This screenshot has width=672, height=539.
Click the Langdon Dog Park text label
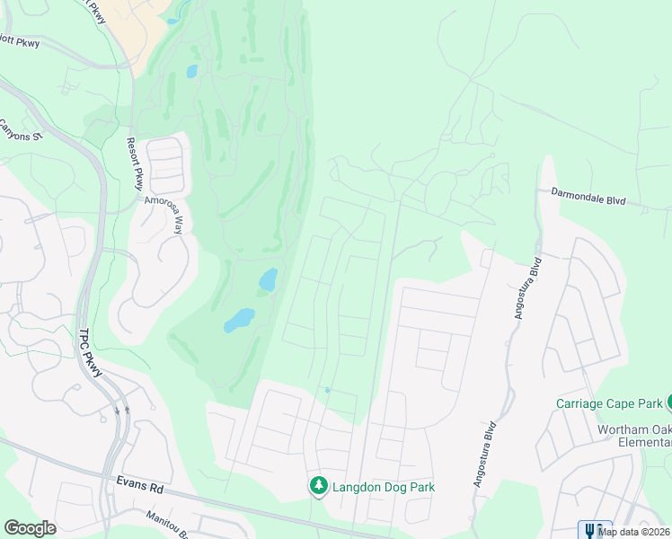click(x=384, y=487)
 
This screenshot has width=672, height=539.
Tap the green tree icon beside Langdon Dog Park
click(x=318, y=486)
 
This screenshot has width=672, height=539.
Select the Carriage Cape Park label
click(x=609, y=403)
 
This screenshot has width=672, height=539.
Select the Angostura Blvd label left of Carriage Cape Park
click(x=484, y=455)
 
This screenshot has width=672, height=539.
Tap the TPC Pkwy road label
click(x=87, y=348)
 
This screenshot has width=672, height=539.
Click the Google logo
click(x=30, y=528)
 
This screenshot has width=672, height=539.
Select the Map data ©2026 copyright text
click(x=634, y=532)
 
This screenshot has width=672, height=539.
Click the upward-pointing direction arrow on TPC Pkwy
click(x=127, y=410)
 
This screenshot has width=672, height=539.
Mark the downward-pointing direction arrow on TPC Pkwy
click(x=118, y=411)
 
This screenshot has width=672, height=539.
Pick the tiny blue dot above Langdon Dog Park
click(x=328, y=390)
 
